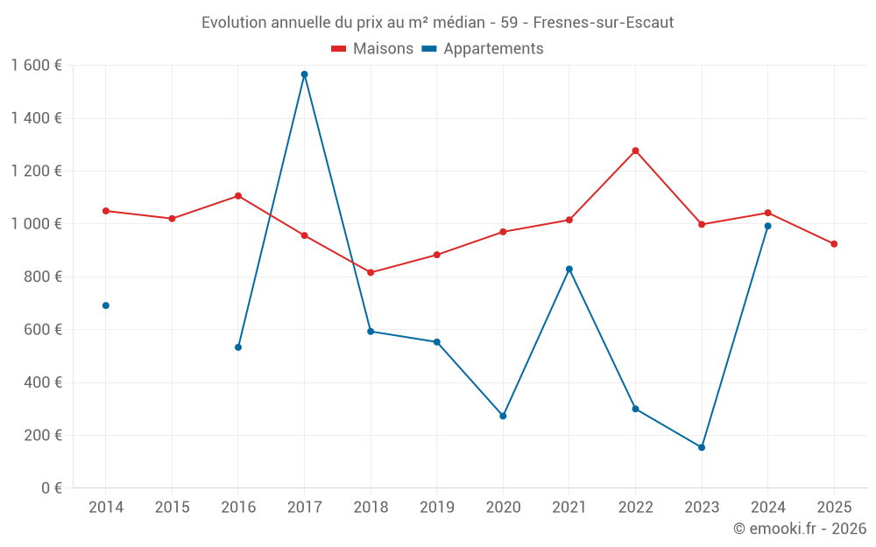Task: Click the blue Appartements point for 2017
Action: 304,74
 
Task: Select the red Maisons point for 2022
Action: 635,151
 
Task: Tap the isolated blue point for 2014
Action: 106,305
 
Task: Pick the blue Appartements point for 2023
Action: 702,447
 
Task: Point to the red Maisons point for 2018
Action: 371,272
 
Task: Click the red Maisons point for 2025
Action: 834,244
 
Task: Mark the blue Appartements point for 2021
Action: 569,269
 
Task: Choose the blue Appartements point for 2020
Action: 503,416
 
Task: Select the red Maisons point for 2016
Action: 238,196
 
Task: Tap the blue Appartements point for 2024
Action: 768,226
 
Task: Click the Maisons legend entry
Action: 372,49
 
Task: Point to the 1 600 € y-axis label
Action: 36,66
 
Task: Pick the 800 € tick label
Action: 42,277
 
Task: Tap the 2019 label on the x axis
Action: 436,508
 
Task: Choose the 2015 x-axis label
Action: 172,508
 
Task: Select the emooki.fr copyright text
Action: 799,529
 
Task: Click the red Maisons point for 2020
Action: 503,232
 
